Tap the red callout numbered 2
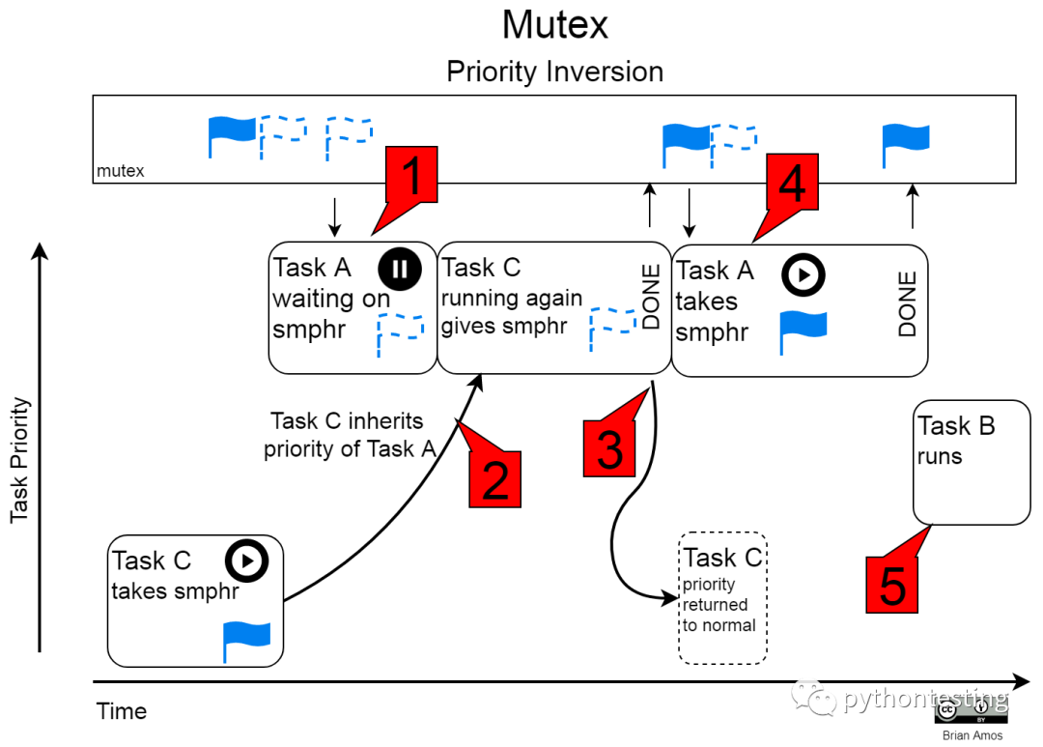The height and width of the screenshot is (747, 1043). [494, 479]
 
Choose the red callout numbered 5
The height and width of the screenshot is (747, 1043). [891, 584]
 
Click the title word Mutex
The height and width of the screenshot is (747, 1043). [554, 25]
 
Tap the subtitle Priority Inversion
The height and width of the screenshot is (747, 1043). [554, 72]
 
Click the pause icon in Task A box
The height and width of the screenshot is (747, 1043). [399, 269]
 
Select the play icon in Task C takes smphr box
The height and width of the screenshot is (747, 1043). [246, 560]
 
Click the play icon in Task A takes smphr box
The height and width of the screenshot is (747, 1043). [803, 275]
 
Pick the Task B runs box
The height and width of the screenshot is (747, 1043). [972, 463]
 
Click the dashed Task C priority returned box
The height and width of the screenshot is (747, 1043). [723, 597]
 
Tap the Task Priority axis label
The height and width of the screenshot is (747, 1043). [20, 461]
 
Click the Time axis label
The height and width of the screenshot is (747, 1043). [122, 711]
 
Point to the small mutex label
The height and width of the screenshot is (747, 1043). [121, 171]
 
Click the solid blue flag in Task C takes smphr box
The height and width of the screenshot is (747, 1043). [246, 640]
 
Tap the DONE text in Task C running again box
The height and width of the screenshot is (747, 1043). [652, 297]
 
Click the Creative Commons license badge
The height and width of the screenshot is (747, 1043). [971, 711]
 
